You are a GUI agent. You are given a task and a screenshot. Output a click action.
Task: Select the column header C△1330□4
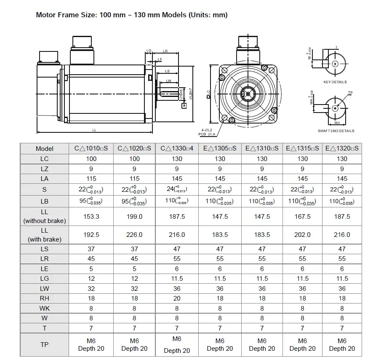177,148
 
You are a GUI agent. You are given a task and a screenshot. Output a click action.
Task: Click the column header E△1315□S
302,148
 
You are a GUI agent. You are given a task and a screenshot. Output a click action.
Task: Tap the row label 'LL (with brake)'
45,235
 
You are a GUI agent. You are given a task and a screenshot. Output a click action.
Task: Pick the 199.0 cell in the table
134,216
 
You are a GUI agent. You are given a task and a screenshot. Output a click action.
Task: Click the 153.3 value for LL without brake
91,216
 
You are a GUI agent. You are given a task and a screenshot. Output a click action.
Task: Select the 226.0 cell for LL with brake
134,235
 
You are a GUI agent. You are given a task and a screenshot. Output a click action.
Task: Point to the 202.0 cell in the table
302,235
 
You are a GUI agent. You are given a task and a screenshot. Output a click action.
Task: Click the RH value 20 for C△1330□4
177,298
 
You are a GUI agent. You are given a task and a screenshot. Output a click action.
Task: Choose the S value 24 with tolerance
177,190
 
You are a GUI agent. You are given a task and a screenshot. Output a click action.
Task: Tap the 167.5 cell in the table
302,216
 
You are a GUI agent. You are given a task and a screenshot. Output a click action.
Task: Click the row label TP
45,344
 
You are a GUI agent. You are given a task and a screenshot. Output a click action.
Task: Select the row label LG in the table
45,279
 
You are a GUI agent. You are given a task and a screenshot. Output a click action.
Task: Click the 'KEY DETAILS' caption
335,82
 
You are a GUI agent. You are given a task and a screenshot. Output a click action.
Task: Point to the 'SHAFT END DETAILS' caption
336,131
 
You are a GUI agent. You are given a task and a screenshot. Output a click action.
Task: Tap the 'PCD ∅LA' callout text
207,134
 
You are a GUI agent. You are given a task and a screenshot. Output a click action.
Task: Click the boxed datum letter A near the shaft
184,105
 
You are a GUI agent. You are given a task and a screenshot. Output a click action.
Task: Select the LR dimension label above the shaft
165,51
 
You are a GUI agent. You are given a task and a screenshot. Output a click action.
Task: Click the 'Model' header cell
45,148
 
